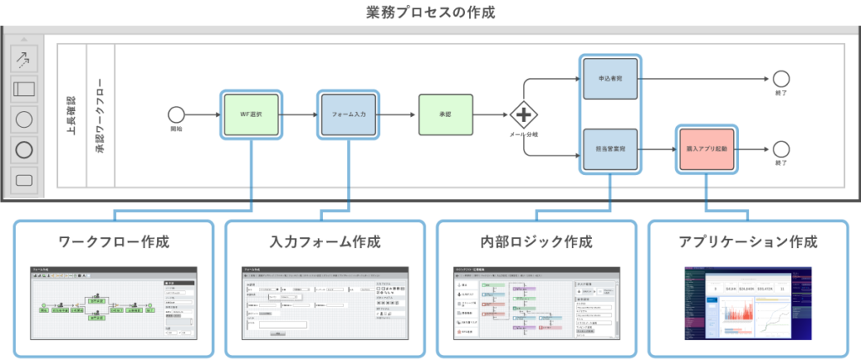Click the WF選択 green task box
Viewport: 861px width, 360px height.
[251, 115]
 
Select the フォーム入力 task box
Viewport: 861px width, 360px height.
[348, 115]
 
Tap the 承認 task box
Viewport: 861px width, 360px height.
[446, 115]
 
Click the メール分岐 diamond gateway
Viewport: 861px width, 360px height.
[525, 115]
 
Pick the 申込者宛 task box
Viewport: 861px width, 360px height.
[610, 80]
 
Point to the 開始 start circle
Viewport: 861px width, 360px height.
[177, 115]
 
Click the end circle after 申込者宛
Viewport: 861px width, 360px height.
[780, 80]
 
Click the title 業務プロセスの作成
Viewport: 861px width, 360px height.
[430, 12]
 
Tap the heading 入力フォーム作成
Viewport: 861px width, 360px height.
[325, 242]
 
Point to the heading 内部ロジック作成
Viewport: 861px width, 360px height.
[536, 242]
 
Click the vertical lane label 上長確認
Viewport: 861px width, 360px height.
[71, 115]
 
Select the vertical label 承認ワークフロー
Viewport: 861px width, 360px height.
[100, 115]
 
